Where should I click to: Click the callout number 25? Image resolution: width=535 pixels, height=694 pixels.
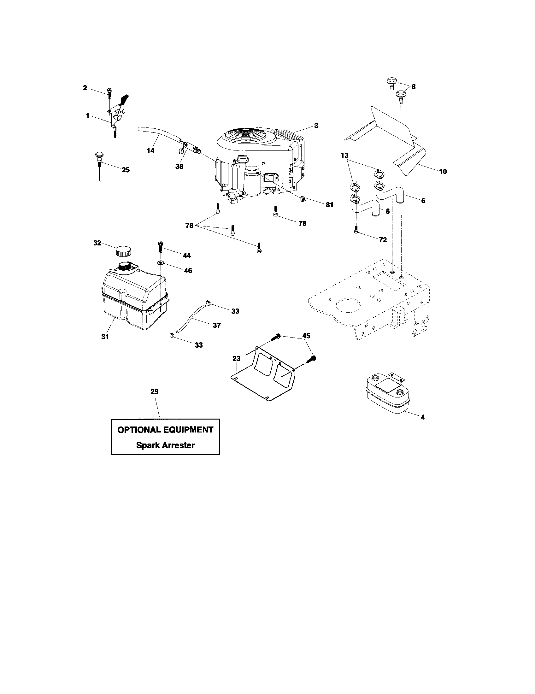tap(126, 170)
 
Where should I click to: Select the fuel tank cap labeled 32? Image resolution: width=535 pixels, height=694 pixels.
tap(123, 251)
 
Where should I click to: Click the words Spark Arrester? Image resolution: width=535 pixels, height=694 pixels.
tap(165, 445)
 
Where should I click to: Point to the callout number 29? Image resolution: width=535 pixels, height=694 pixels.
tap(154, 391)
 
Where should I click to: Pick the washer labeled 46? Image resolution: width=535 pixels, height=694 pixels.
tap(161, 263)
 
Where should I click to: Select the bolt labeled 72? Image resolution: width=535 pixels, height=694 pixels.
tap(356, 230)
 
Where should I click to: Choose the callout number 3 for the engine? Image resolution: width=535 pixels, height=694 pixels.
tap(316, 126)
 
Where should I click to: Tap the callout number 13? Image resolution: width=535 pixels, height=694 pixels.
tap(344, 156)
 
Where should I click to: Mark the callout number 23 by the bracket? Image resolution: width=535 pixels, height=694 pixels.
tap(236, 358)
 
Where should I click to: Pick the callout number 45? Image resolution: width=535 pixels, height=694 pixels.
tap(306, 336)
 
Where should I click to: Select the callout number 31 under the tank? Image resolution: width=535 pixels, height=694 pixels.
tap(105, 337)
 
